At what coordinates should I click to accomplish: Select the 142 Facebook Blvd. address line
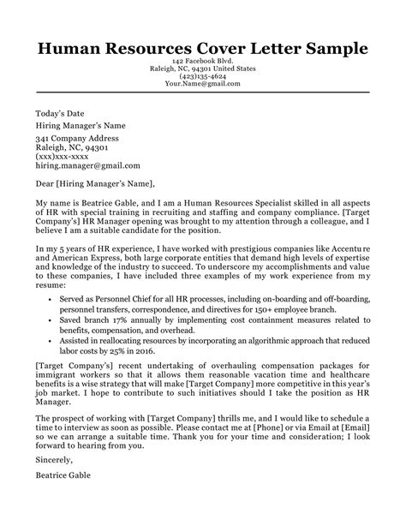click(x=202, y=63)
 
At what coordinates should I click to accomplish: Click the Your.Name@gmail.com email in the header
click(x=202, y=84)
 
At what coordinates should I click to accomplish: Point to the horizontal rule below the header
click(x=202, y=94)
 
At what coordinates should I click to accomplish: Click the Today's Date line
click(x=61, y=113)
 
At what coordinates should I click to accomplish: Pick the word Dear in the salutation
click(x=45, y=183)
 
